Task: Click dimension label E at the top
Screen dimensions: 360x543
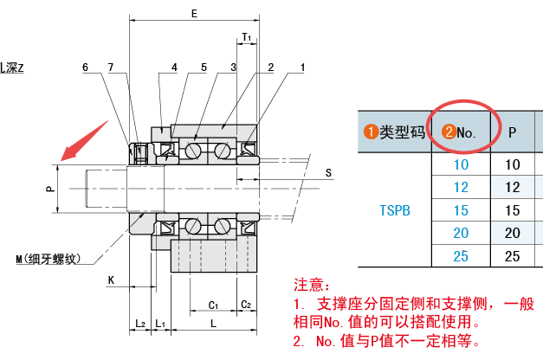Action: [x=193, y=14]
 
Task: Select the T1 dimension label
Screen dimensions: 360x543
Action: [x=247, y=38]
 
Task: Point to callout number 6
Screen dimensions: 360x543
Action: [x=86, y=67]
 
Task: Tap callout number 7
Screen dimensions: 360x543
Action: [x=111, y=67]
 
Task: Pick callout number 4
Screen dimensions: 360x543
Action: [x=174, y=67]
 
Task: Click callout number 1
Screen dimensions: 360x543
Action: [x=302, y=67]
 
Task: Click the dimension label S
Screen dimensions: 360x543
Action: [x=328, y=172]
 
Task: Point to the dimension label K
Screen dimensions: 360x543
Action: [x=111, y=280]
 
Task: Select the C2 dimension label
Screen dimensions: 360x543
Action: [x=246, y=305]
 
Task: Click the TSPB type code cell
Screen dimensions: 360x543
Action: [x=395, y=209]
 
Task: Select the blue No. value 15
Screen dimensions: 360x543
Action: [x=461, y=209]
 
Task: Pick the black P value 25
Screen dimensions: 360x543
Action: [x=513, y=255]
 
